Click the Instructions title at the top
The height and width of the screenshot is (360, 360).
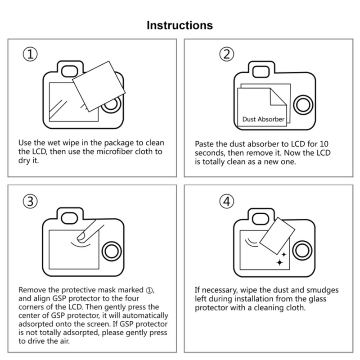(x=180, y=25)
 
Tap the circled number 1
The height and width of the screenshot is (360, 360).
(x=30, y=55)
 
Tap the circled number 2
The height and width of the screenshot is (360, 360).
(x=227, y=55)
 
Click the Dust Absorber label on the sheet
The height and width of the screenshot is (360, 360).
(x=263, y=119)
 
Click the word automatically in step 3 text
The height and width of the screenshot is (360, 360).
(x=144, y=315)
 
